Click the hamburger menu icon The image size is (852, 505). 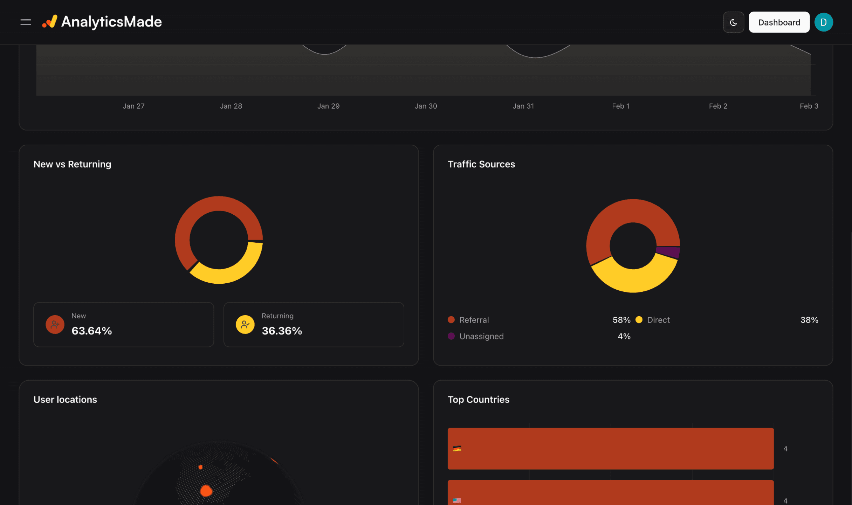tap(26, 22)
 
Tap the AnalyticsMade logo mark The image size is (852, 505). tap(50, 21)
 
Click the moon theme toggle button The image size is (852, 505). tap(733, 22)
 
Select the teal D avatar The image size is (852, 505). tap(823, 22)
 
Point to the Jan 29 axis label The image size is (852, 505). tap(328, 106)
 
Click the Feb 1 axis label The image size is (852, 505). tap(620, 106)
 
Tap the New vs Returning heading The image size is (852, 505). tap(72, 164)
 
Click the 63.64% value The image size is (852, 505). tap(91, 331)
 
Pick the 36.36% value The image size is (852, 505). tap(282, 331)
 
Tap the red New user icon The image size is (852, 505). tap(55, 324)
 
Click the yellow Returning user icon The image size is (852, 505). tap(245, 324)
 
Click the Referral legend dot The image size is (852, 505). tap(451, 319)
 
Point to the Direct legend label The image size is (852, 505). tap(658, 320)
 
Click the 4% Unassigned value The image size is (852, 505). tap(624, 336)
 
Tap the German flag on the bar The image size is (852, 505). tap(457, 448)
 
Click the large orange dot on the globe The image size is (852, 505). tap(206, 490)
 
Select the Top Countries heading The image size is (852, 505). tap(478, 399)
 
